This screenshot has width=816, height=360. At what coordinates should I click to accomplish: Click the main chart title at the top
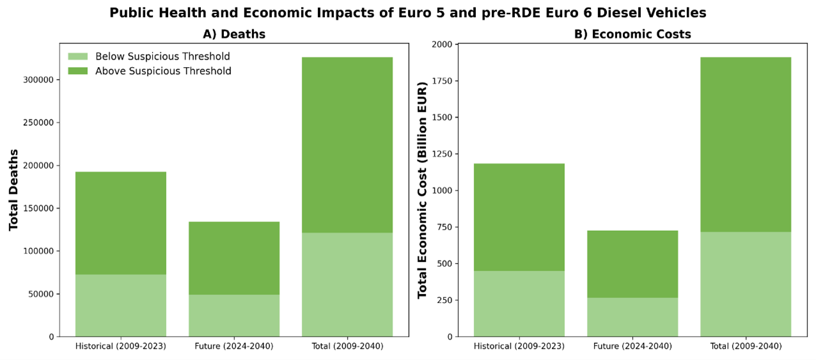point(408,13)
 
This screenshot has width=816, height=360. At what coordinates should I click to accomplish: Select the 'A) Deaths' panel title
point(233,35)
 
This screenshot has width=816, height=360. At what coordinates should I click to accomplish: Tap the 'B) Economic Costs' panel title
point(632,35)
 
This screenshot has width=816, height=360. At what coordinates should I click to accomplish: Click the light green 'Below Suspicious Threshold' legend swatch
point(77,56)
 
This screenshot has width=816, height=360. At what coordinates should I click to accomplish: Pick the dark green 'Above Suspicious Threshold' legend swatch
point(77,71)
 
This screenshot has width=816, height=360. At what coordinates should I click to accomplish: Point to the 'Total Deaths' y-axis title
point(13,189)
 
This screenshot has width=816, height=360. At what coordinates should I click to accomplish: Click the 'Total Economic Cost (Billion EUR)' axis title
point(422,190)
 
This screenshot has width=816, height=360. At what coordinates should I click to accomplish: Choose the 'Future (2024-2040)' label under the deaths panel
point(233,347)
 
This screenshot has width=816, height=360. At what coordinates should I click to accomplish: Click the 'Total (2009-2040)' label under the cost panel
point(746,347)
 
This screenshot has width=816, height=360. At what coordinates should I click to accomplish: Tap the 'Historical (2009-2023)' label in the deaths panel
point(121,347)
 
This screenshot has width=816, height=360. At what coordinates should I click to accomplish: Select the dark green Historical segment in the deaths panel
point(121,223)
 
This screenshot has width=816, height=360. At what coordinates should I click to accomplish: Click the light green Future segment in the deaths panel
point(234,315)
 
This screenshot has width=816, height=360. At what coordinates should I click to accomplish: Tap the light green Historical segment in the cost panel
point(519,304)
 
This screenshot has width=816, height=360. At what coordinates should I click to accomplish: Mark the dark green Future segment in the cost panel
point(632,264)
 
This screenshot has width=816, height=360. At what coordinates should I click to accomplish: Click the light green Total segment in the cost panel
point(746,284)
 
